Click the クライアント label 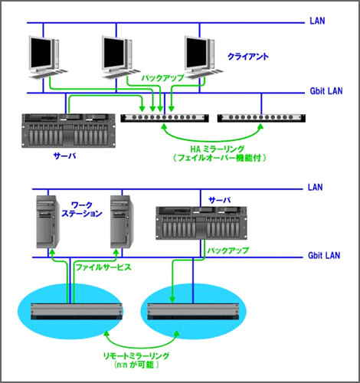tap(248, 57)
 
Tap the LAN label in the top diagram tap(317, 21)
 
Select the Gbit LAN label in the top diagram tap(326, 91)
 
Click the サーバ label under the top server tap(65, 155)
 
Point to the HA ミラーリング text tap(218, 149)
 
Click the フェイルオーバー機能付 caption tap(220, 158)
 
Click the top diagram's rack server tap(68, 130)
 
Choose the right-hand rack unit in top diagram tap(261, 118)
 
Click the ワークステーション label tap(82, 209)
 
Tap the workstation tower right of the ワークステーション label tap(123, 221)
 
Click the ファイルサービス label tap(103, 267)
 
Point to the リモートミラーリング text tap(136, 355)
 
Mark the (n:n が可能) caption tap(136, 365)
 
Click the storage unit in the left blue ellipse tap(77, 311)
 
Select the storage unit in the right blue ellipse tap(193, 312)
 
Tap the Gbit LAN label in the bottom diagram tap(324, 255)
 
